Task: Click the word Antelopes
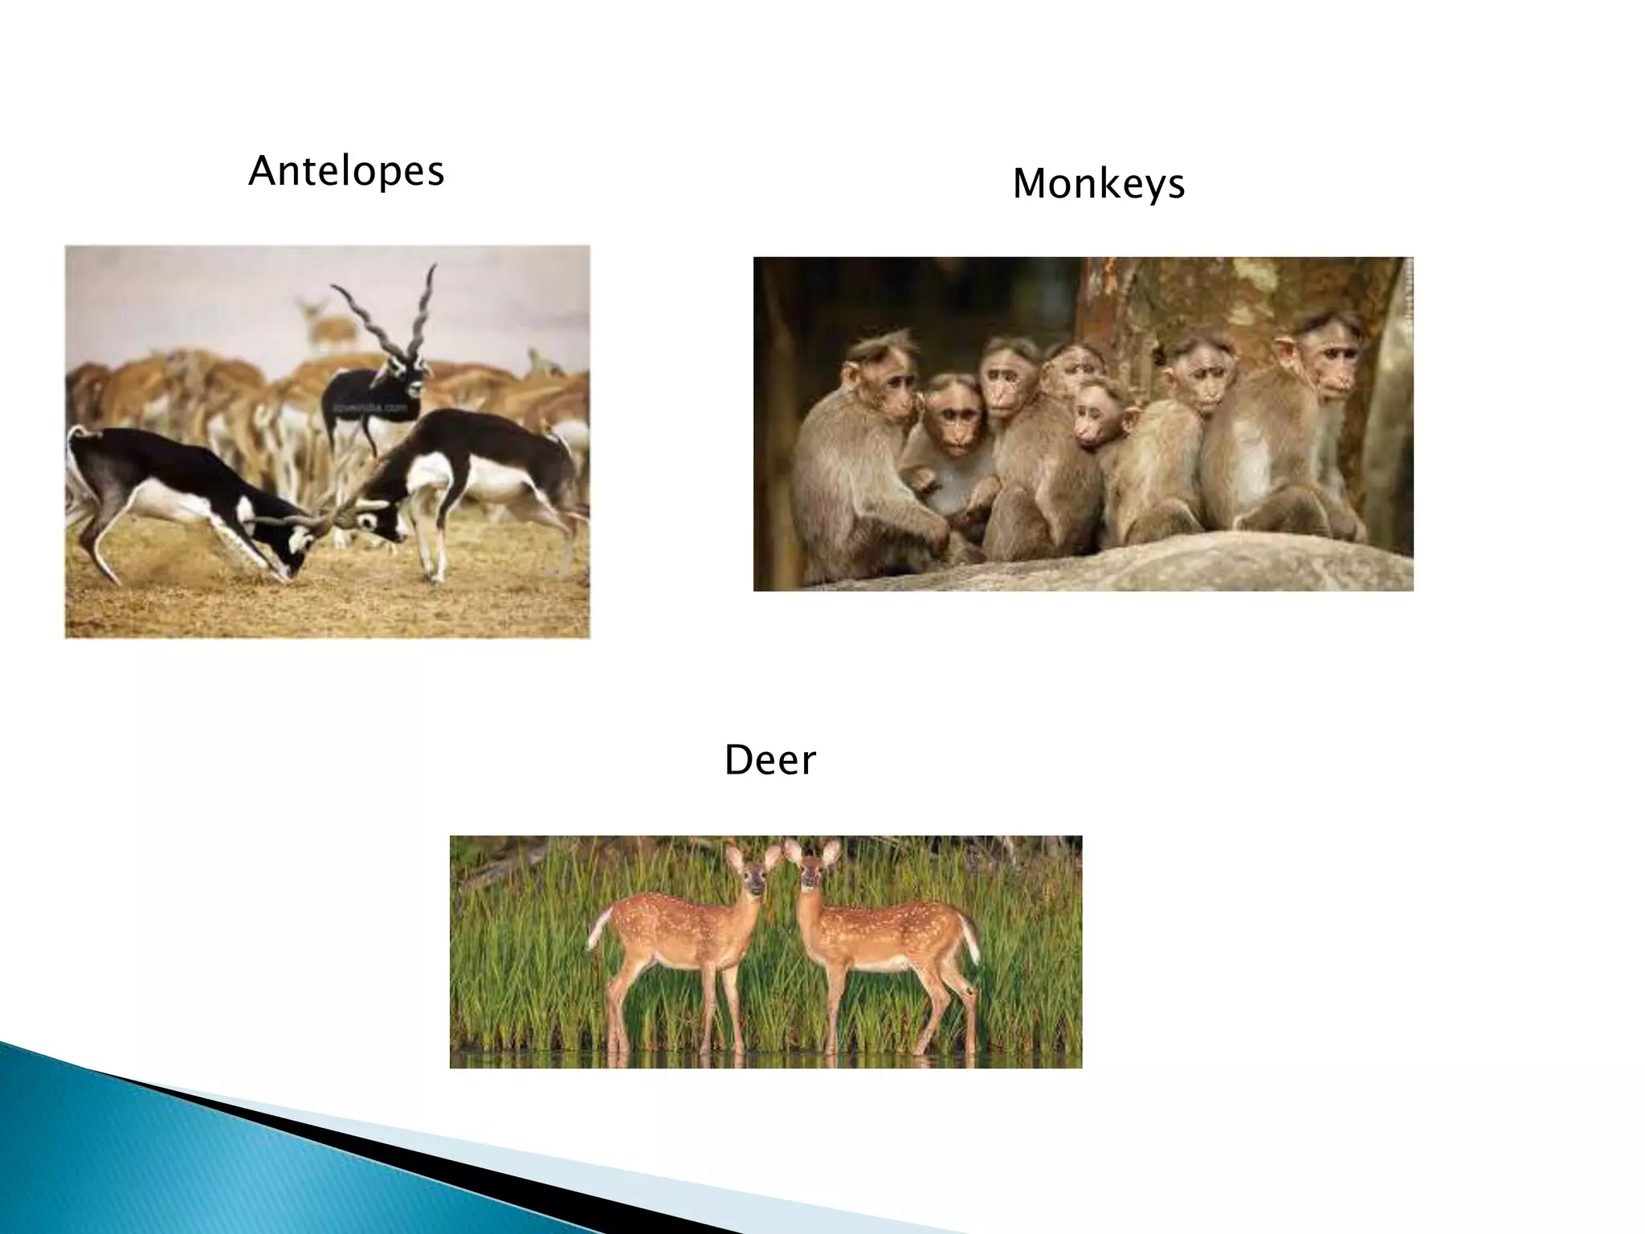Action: tap(346, 171)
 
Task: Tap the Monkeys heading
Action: tap(1098, 184)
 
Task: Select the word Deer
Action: tap(769, 760)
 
